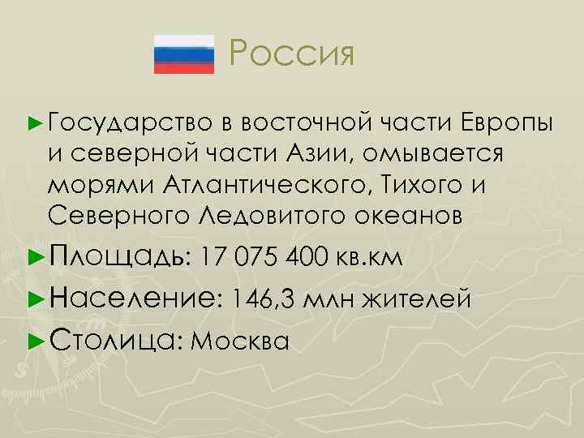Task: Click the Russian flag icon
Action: [x=183, y=54]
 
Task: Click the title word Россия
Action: [x=292, y=54]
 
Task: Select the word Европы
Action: [x=508, y=122]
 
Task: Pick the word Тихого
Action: [x=423, y=184]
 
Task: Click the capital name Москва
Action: [x=243, y=340]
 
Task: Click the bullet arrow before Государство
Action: [x=34, y=122]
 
